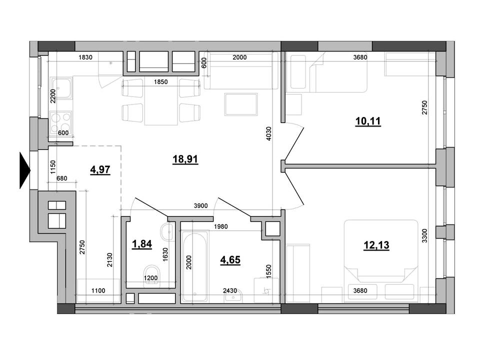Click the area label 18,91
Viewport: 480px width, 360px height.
coord(185,159)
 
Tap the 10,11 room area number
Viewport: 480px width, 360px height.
coord(368,121)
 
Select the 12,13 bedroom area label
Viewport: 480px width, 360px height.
coord(376,245)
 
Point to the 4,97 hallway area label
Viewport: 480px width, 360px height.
coord(100,169)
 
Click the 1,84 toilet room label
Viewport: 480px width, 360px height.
coord(141,244)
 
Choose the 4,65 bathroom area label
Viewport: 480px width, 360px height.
coord(230,260)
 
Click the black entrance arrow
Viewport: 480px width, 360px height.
coord(25,170)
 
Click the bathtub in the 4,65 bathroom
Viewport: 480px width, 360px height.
coord(194,266)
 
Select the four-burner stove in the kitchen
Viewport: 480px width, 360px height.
coord(60,123)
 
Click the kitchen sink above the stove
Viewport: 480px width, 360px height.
coord(61,88)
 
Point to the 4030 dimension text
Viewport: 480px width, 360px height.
coord(269,133)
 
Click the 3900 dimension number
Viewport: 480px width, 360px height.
coord(201,206)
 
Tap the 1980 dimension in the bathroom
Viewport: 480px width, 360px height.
coord(220,226)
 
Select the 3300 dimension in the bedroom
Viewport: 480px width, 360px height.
coord(424,235)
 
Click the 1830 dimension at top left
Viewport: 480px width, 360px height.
coord(85,57)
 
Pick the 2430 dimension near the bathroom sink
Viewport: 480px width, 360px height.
coord(230,290)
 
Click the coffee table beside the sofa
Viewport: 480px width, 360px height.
coord(241,104)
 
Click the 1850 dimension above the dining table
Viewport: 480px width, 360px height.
coord(160,81)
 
